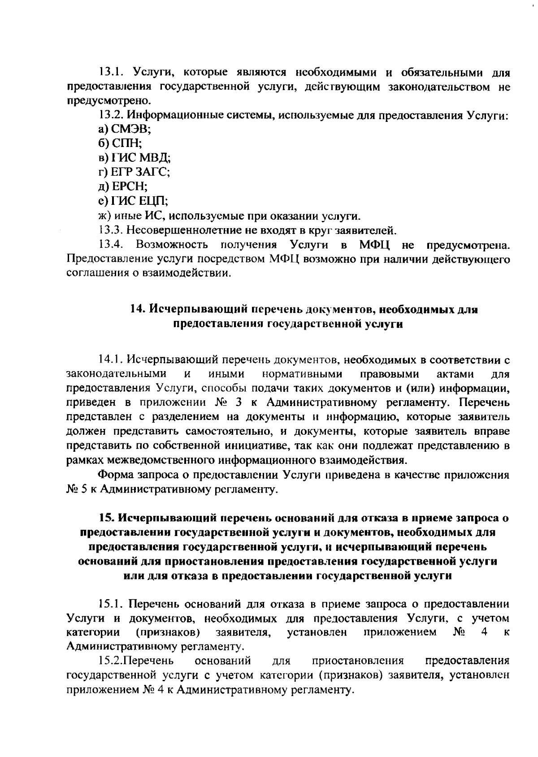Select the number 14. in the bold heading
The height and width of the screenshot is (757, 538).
(137, 309)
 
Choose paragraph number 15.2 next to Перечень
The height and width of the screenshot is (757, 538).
(110, 661)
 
